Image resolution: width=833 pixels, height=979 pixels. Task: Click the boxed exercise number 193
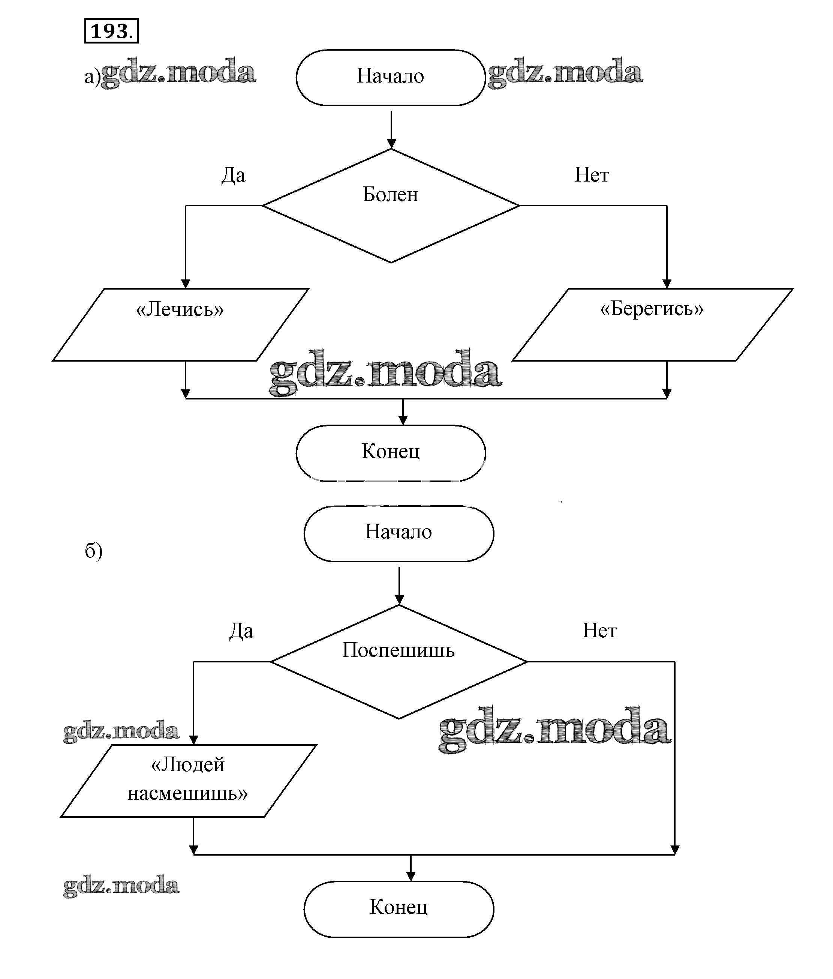point(111,31)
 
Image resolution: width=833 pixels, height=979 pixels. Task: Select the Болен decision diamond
point(391,205)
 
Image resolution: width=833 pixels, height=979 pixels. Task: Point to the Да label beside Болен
point(233,175)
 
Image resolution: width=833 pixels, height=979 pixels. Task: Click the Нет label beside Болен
point(591,175)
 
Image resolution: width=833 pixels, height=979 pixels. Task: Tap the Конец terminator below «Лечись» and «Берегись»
point(391,453)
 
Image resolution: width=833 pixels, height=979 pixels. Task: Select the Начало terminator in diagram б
point(399,533)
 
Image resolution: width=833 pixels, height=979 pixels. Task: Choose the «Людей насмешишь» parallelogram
point(189,781)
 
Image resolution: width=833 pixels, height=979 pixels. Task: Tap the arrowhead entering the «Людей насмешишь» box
point(193,739)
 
